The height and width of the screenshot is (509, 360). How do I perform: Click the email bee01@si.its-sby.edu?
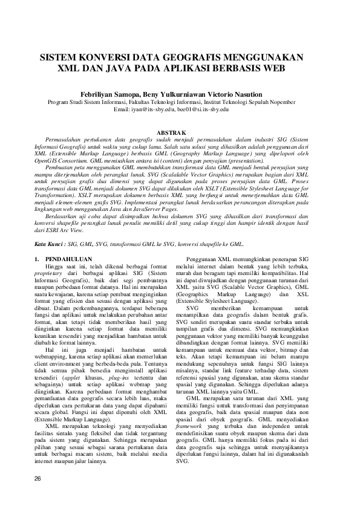point(205,109)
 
